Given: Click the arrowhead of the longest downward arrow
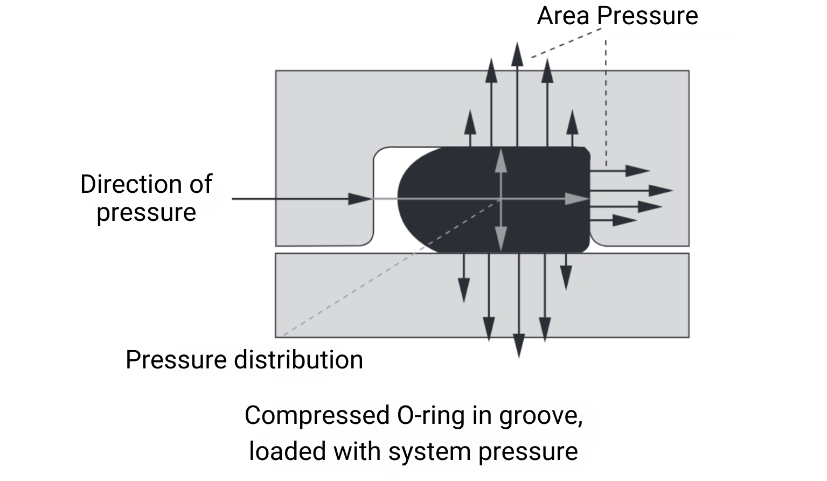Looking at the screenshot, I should click(518, 346).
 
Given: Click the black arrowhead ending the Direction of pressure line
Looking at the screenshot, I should click(360, 199).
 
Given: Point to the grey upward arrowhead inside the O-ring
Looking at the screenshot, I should click(501, 160).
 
